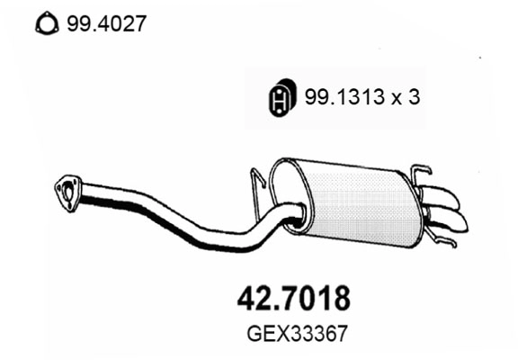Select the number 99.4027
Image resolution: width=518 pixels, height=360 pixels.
104,23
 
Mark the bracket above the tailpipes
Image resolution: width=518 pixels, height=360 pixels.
420,175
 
